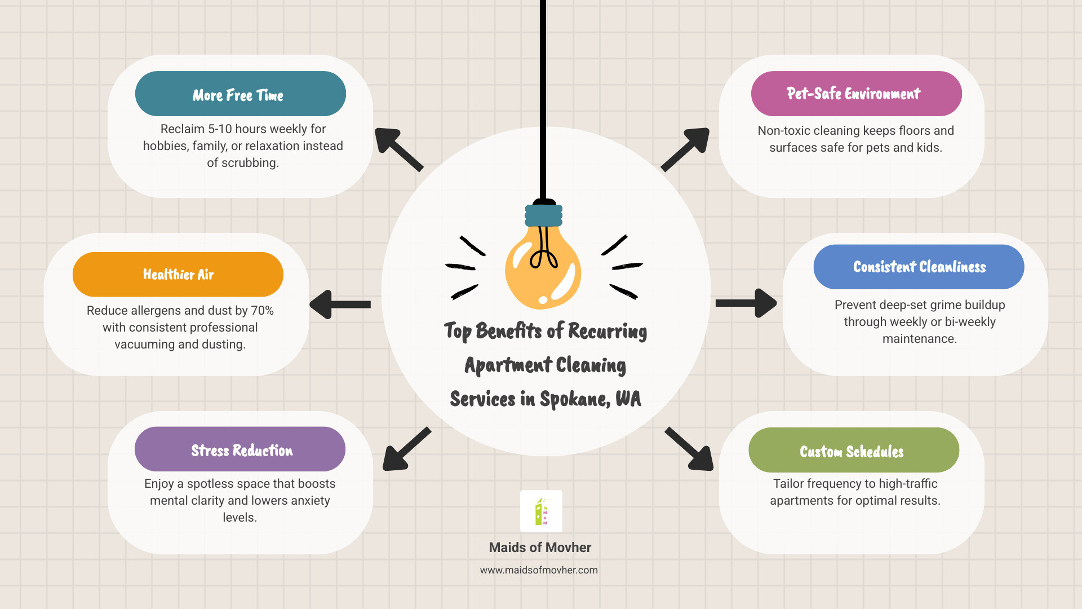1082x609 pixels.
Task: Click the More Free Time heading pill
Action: click(240, 94)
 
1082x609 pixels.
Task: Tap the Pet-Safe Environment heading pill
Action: click(856, 94)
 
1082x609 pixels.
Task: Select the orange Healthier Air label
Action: click(178, 275)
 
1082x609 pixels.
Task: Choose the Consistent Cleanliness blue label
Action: click(919, 267)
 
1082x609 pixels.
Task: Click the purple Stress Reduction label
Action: click(240, 449)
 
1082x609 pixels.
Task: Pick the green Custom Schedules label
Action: click(853, 450)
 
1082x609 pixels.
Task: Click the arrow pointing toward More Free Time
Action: click(398, 149)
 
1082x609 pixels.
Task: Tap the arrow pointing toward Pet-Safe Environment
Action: click(686, 149)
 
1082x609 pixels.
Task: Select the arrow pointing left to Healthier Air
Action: click(340, 304)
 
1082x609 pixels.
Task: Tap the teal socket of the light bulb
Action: click(544, 215)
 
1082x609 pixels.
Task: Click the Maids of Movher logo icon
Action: click(541, 511)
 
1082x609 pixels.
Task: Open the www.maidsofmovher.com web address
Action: click(539, 570)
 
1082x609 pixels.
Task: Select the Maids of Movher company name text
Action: click(540, 548)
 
